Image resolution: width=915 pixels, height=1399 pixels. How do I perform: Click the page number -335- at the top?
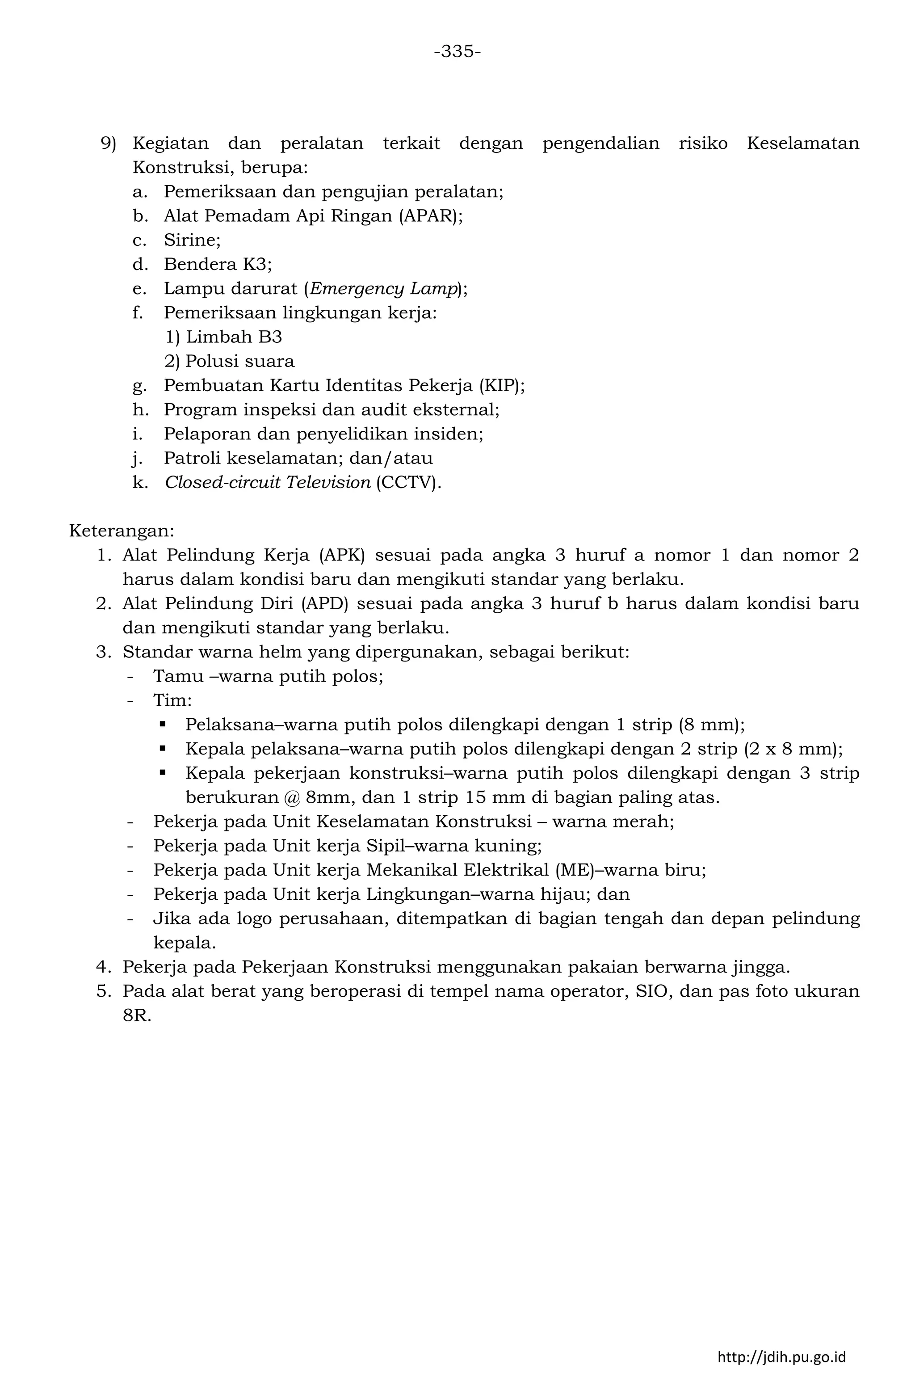[x=457, y=52]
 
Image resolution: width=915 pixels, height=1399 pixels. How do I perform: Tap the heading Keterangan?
[x=122, y=531]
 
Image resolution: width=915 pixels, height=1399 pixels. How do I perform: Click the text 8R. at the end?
[x=137, y=1016]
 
